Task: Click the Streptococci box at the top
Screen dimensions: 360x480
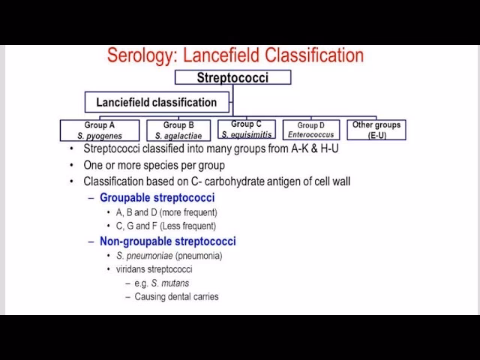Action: (x=232, y=77)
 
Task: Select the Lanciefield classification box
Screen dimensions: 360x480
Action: (x=156, y=102)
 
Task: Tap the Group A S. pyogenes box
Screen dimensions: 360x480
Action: (x=100, y=130)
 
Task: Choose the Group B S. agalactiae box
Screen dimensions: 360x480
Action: (x=178, y=130)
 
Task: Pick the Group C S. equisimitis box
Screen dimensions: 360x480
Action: (x=246, y=129)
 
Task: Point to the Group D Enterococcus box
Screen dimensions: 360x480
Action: (x=310, y=130)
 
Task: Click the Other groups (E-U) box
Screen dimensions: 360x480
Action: (x=376, y=129)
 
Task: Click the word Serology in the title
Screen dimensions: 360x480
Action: (x=138, y=55)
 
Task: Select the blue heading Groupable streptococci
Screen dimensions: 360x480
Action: (x=157, y=197)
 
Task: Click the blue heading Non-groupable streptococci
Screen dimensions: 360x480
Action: (x=167, y=241)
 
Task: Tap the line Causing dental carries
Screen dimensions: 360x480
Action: (x=176, y=296)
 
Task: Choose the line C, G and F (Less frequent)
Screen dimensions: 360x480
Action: (x=166, y=226)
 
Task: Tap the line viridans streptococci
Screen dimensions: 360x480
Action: (x=154, y=269)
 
